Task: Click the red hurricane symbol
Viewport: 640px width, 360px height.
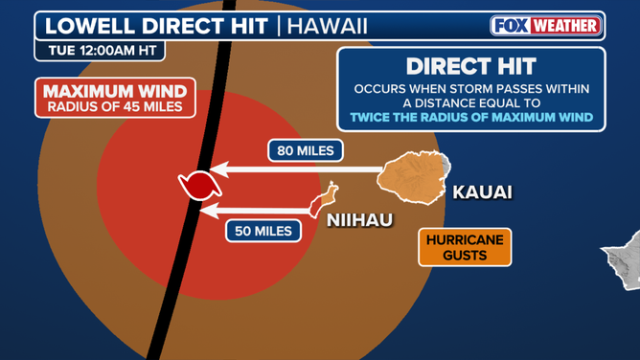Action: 200,186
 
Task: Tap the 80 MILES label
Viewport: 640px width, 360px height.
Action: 306,151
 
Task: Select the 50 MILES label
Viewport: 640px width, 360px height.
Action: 263,231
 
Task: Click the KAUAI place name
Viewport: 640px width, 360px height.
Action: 483,192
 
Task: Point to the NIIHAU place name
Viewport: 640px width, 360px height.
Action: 359,220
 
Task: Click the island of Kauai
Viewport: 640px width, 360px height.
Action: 413,177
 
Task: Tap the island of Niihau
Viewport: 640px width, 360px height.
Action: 323,200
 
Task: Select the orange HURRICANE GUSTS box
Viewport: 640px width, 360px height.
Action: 465,247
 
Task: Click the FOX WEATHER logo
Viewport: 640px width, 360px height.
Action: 546,26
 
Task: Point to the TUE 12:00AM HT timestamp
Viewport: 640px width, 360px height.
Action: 103,51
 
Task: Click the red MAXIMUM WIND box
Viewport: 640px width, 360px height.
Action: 116,98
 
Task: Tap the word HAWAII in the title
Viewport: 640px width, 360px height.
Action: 328,26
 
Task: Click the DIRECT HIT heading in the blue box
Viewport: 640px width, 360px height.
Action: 471,66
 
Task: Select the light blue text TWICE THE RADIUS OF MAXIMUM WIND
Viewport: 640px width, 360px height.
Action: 471,118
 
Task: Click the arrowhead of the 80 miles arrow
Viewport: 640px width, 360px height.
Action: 218,169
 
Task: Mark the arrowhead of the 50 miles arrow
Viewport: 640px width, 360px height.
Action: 209,211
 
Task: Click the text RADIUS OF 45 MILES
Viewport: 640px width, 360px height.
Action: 115,107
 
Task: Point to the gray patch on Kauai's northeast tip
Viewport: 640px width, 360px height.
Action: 446,163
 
